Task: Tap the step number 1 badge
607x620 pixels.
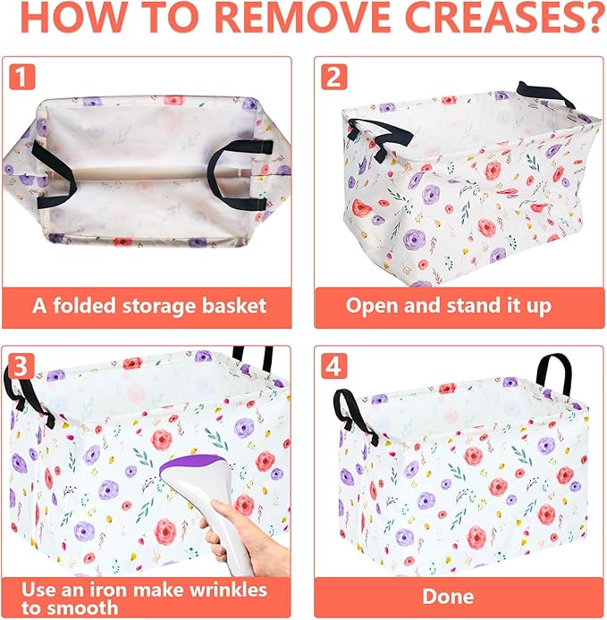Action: pyautogui.click(x=21, y=76)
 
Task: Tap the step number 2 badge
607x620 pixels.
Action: pyautogui.click(x=334, y=76)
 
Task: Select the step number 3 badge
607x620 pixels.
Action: pyautogui.click(x=21, y=365)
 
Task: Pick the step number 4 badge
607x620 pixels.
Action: pyautogui.click(x=333, y=365)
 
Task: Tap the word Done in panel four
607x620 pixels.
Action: pyautogui.click(x=448, y=596)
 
